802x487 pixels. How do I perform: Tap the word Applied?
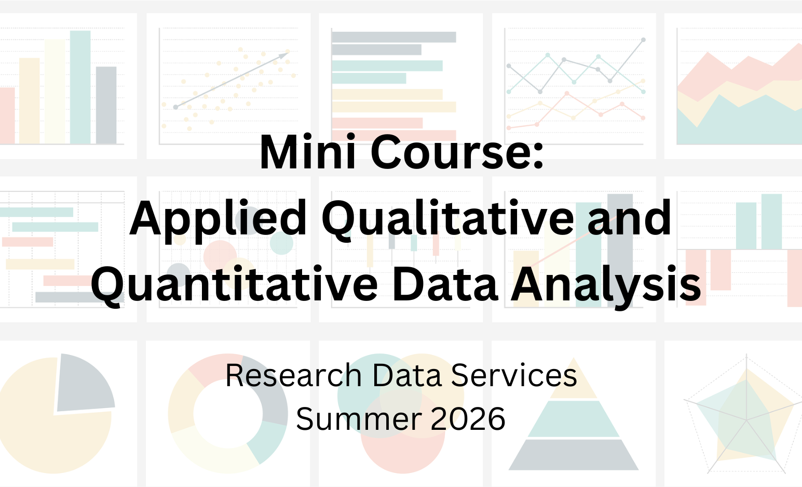click(218, 218)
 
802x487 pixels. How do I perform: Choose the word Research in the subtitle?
click(293, 375)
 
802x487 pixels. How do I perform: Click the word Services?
click(514, 375)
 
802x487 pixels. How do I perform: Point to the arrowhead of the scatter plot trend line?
click(287, 52)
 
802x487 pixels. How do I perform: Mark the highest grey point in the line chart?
click(643, 40)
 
